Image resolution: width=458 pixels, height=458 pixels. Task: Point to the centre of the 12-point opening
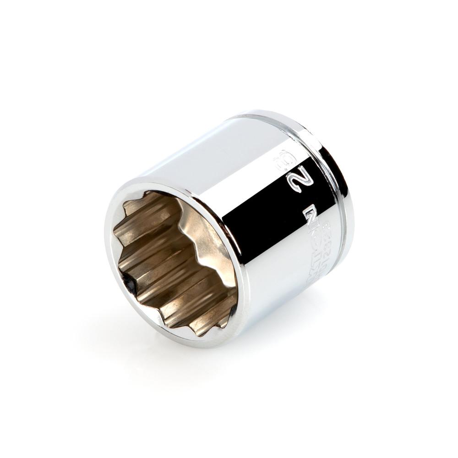176,261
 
